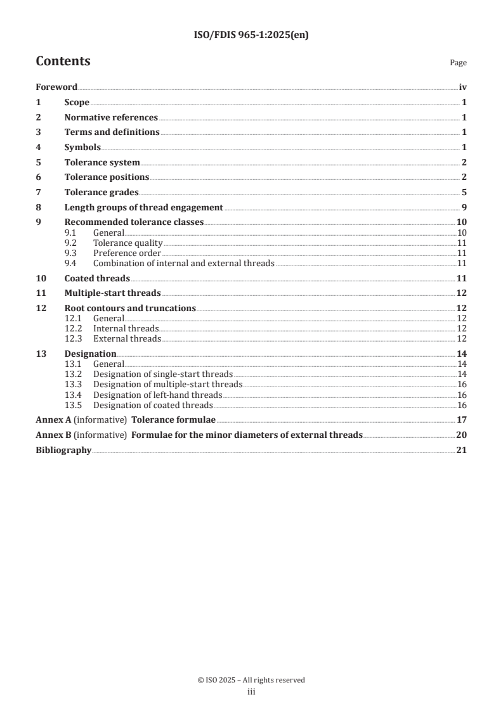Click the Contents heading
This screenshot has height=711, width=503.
63,61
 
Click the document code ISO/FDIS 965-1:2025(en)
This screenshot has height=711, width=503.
251,35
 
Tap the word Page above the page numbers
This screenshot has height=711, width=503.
458,63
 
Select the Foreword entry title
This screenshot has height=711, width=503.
56,87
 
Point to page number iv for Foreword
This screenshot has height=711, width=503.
463,87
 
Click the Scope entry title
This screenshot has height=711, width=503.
77,103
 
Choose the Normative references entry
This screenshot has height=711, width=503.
111,117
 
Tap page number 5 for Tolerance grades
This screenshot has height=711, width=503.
464,192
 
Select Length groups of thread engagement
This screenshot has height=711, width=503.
143,207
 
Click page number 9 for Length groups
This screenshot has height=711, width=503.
464,207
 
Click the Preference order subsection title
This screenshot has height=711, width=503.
127,253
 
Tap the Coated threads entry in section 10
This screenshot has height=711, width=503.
97,278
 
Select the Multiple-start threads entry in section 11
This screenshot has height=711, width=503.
112,293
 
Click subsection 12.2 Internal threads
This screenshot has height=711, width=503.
126,328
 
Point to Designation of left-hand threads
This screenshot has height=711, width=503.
157,395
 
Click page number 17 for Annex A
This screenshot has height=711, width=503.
462,420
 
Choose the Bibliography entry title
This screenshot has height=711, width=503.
63,451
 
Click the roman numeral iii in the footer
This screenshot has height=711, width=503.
251,693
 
